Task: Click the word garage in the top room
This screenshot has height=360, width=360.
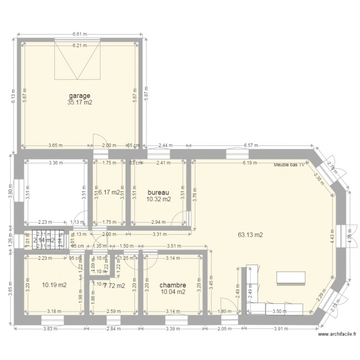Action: tap(79, 96)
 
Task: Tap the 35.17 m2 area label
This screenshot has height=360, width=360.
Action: tap(79, 102)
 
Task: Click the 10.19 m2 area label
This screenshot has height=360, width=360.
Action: tap(54, 285)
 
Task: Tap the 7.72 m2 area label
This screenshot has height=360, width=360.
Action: tap(114, 286)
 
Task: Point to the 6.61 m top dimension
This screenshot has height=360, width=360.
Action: tap(80, 34)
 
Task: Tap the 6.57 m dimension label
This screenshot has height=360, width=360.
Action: tap(252, 145)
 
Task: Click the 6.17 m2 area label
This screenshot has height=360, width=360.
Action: tap(108, 192)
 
